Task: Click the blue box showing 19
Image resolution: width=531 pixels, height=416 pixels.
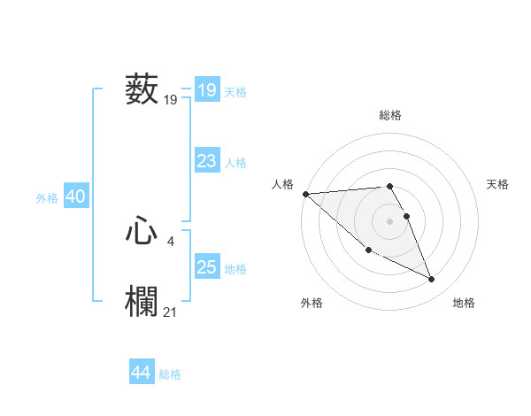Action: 207,90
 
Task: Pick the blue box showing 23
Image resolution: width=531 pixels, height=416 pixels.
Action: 207,161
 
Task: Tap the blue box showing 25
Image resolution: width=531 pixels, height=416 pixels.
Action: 207,267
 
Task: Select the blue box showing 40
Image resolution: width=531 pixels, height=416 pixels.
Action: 75,196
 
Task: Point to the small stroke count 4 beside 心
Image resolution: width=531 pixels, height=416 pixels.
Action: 170,240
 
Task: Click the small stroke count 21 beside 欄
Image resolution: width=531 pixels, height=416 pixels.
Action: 171,311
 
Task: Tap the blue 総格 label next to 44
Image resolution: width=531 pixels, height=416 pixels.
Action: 170,374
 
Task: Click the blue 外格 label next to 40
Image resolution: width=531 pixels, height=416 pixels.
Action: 47,198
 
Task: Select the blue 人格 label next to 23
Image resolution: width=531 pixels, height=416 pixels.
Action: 235,163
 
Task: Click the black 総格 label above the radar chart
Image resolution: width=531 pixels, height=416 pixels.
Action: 390,115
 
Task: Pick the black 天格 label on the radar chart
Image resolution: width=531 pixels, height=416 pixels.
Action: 498,184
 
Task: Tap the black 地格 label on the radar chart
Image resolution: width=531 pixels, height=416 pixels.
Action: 464,303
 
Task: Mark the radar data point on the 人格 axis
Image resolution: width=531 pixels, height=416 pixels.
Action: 305,194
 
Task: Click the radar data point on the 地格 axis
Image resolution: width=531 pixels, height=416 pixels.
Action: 432,280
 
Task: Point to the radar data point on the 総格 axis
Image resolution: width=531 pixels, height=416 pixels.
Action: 389,186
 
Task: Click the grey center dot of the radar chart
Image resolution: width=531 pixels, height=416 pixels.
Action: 389,220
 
